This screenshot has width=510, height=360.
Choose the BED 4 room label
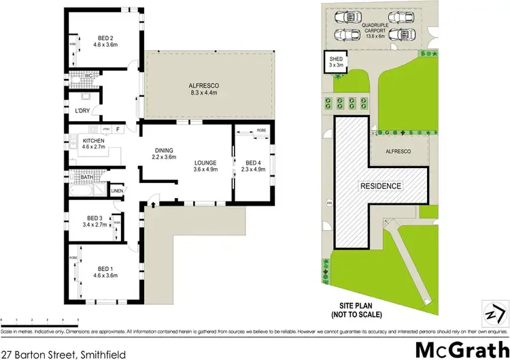[252, 167]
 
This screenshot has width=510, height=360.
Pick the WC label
[88, 76]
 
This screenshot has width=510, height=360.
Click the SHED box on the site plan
[335, 65]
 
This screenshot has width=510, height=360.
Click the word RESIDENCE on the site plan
[381, 186]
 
